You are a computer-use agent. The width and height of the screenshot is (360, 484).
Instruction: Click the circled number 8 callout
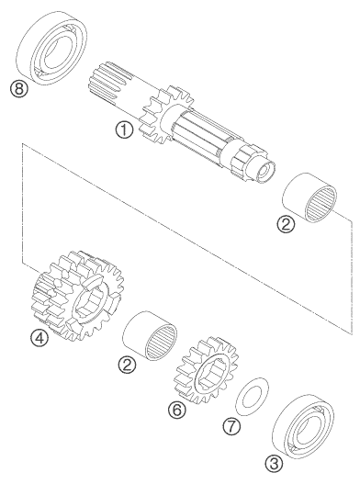point(19,88)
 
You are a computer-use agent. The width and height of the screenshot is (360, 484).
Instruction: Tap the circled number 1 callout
point(124,129)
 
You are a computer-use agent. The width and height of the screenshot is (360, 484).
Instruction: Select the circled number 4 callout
point(39,338)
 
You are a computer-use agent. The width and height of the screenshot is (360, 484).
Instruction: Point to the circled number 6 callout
point(177,410)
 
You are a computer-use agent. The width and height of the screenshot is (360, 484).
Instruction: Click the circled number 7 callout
point(231,427)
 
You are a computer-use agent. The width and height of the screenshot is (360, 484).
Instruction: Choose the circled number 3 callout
point(274,463)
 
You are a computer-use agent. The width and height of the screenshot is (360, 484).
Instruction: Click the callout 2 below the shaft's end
point(286,224)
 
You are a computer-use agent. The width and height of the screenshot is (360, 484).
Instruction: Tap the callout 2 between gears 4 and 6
point(127,365)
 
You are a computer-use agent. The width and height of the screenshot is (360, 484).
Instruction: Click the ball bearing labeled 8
point(51,48)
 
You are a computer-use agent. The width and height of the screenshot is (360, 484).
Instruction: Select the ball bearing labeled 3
point(303,426)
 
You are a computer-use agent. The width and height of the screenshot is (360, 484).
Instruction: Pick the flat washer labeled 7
point(253,397)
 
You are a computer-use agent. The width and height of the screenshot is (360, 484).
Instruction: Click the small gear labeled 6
point(207,370)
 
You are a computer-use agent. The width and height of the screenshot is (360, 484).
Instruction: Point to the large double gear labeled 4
point(77,296)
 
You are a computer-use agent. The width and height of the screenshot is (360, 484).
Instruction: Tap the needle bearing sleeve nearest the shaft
point(309,197)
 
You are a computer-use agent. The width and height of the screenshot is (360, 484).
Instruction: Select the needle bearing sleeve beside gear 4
point(150,335)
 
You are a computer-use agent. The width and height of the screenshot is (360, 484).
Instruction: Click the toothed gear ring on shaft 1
point(167,117)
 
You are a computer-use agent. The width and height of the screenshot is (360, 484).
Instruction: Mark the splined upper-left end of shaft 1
point(105,81)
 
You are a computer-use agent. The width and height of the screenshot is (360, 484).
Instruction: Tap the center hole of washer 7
point(252,397)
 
